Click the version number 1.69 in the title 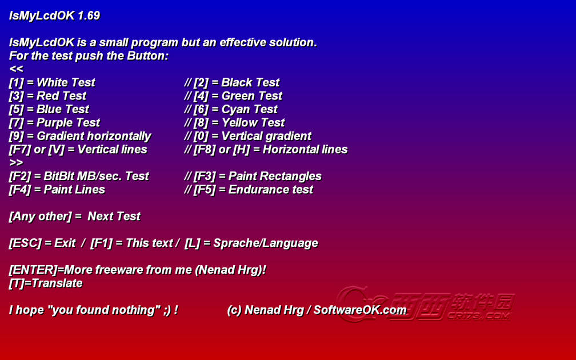coord(89,16)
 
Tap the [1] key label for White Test coord(16,83)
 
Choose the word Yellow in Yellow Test coord(240,123)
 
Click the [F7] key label coord(20,150)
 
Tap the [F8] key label coord(205,150)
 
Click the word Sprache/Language coord(266,243)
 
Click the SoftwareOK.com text coord(359,310)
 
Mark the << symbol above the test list coord(16,69)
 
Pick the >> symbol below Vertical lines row coord(16,163)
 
